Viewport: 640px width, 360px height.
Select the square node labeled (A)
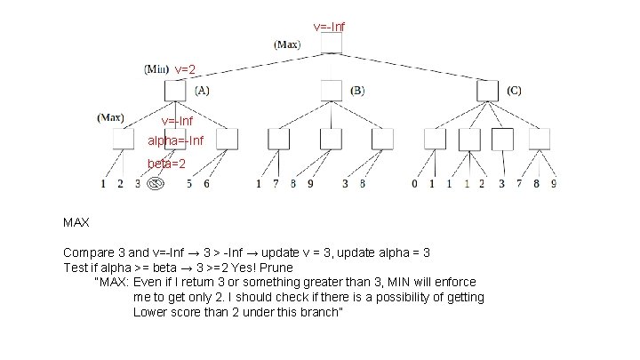(x=175, y=90)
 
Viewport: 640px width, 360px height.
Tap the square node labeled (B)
(x=331, y=90)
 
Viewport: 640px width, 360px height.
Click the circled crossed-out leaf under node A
(x=155, y=185)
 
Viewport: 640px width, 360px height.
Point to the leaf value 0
(x=415, y=185)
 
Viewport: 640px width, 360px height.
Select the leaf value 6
(x=207, y=185)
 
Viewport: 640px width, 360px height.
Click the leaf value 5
(x=189, y=185)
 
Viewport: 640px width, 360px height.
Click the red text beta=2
(x=166, y=164)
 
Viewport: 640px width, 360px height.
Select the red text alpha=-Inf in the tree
(x=176, y=140)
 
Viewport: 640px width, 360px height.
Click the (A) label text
(x=202, y=90)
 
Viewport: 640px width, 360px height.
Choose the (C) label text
(x=516, y=90)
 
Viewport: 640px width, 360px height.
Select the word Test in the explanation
(x=76, y=266)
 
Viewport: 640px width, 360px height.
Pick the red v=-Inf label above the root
(x=330, y=27)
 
